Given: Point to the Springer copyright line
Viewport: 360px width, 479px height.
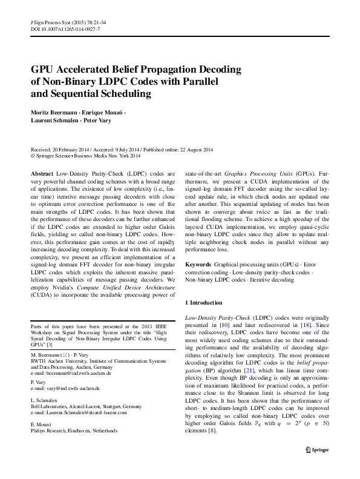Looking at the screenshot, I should coord(91,155).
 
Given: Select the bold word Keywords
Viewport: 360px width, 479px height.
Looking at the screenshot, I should coord(198,265).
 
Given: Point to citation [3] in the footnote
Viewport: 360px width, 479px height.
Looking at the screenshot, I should coord(58,344).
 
